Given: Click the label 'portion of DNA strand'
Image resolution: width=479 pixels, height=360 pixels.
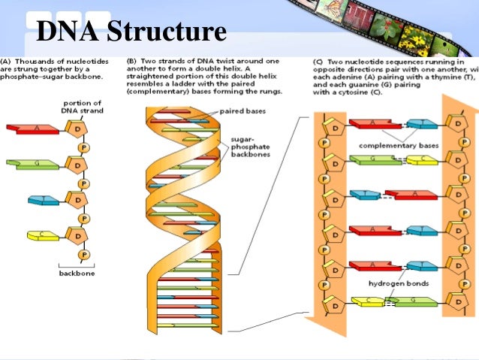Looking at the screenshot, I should tap(83, 106).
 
